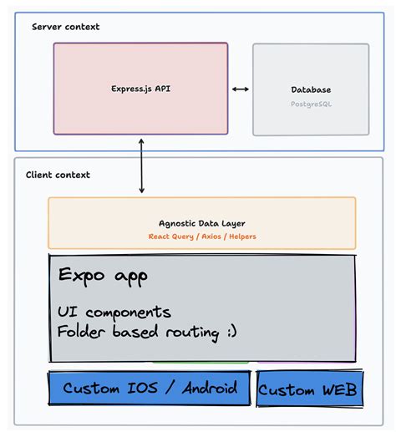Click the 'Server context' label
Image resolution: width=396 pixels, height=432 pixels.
65,27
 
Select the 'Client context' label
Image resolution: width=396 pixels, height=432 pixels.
58,175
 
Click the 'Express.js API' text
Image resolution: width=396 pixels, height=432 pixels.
140,89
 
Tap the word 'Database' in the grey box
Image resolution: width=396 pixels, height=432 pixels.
311,89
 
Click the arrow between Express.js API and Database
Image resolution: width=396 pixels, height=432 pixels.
241,89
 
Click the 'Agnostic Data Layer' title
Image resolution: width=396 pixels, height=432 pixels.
202,224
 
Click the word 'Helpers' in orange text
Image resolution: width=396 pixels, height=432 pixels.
241,236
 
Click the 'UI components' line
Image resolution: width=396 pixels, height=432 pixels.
114,313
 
